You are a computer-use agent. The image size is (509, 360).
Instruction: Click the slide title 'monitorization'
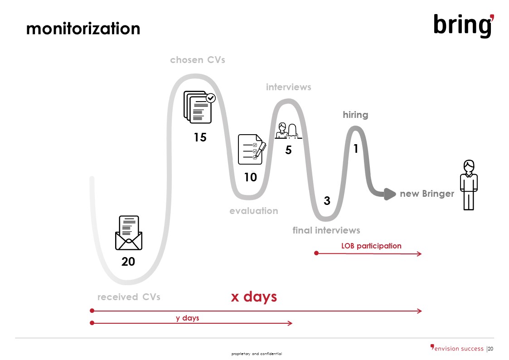pyautogui.click(x=83, y=29)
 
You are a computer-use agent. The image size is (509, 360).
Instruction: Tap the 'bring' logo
pyautogui.click(x=464, y=25)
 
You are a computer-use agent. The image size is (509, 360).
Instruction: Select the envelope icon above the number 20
pyautogui.click(x=129, y=233)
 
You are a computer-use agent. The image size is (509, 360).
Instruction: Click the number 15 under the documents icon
pyautogui.click(x=200, y=137)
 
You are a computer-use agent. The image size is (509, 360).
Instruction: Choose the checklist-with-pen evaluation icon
pyautogui.click(x=252, y=149)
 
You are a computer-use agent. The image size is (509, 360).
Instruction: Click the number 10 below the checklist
pyautogui.click(x=250, y=177)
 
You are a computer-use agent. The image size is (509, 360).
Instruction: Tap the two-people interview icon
pyautogui.click(x=288, y=131)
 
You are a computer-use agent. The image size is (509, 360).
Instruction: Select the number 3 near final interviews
pyautogui.click(x=327, y=201)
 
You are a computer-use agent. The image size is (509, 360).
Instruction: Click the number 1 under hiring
pyautogui.click(x=356, y=149)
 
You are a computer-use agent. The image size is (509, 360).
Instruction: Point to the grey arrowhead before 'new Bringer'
pyautogui.click(x=389, y=194)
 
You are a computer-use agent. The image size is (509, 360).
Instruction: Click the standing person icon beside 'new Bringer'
pyautogui.click(x=468, y=185)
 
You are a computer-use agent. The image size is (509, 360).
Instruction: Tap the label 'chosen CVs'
pyautogui.click(x=197, y=60)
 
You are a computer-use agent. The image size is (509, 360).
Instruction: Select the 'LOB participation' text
pyautogui.click(x=371, y=246)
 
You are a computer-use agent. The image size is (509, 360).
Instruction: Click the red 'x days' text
pyautogui.click(x=254, y=297)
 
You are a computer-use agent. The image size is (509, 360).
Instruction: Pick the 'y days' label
pyautogui.click(x=187, y=318)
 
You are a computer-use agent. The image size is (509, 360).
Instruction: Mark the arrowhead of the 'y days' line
pyautogui.click(x=290, y=323)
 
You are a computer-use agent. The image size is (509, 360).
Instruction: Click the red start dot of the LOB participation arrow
pyautogui.click(x=316, y=253)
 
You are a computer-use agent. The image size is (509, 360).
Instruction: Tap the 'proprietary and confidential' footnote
pyautogui.click(x=257, y=354)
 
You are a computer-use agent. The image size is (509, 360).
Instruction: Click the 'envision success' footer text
pyautogui.click(x=459, y=349)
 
